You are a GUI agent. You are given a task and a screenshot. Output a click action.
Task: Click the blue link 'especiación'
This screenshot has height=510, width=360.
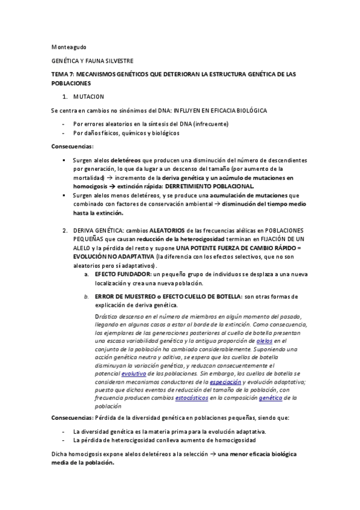225,381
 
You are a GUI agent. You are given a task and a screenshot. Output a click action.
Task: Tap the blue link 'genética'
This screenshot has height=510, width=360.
270,398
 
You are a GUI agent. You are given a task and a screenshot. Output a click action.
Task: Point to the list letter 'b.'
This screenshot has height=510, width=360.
87,296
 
